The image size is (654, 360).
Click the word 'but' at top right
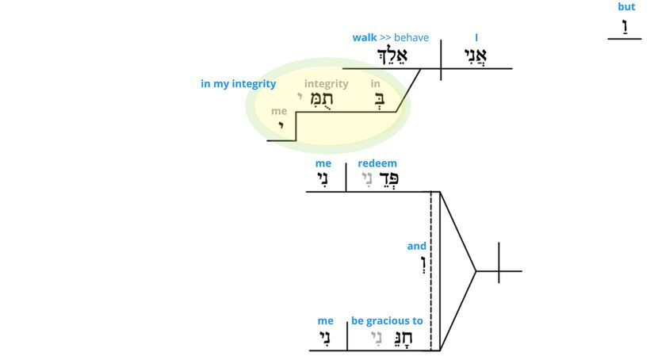click(x=626, y=7)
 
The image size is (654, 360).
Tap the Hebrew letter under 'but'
click(x=625, y=25)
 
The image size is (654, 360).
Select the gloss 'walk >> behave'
click(x=390, y=37)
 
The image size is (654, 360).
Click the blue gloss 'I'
click(x=476, y=37)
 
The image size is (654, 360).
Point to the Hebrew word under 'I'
click(x=476, y=56)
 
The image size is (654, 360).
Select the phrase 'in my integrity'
click(x=238, y=84)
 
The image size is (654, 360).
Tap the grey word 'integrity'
click(x=326, y=84)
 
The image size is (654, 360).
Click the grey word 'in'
click(x=375, y=84)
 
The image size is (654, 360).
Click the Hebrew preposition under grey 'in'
click(x=376, y=101)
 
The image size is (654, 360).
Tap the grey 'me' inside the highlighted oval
click(x=279, y=112)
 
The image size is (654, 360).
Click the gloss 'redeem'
click(x=377, y=163)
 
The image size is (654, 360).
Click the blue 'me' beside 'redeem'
click(x=323, y=163)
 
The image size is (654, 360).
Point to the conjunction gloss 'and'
click(x=417, y=246)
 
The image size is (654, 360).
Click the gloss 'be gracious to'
click(x=387, y=321)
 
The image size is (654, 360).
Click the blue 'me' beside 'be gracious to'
click(x=325, y=321)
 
